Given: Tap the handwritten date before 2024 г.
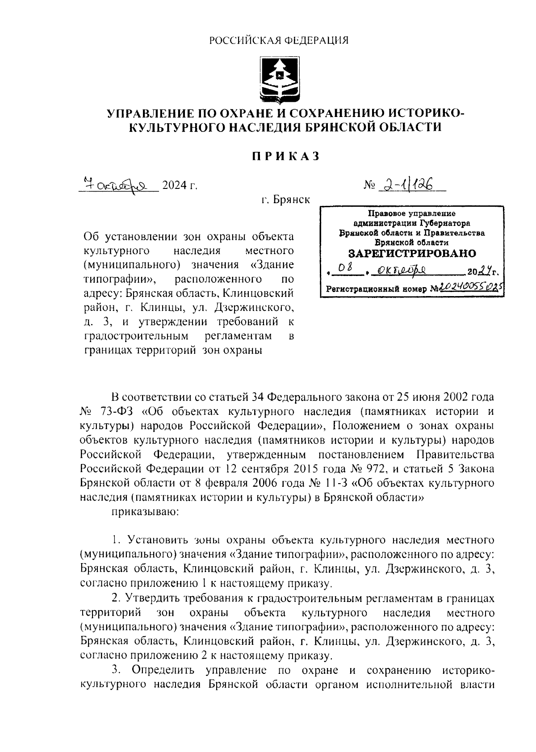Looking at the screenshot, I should [x=118, y=184].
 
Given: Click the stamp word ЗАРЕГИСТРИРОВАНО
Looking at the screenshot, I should [x=411, y=254].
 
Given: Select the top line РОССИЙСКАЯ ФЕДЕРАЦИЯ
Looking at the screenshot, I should [x=279, y=41].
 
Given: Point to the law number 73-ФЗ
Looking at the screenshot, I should [x=117, y=411].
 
